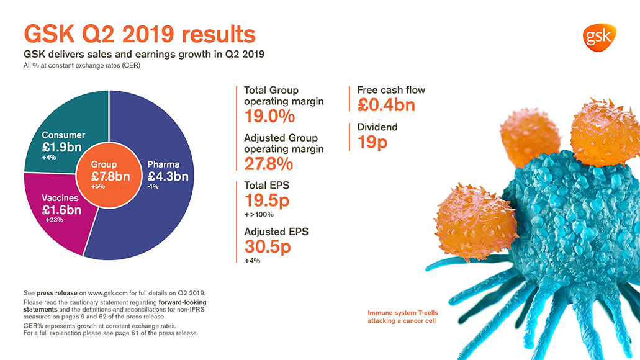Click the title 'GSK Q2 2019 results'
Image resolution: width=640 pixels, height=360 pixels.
click(139, 34)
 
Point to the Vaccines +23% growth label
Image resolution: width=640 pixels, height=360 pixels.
click(55, 220)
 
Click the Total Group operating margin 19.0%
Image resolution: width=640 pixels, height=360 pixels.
click(269, 116)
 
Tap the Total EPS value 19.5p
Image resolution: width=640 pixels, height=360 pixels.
click(266, 200)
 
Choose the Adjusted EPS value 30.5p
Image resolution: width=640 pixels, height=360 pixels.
click(267, 246)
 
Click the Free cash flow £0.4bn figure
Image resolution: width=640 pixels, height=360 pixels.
click(385, 105)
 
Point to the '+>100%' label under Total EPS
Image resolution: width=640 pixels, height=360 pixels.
click(258, 214)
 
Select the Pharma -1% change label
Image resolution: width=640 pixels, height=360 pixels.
click(153, 186)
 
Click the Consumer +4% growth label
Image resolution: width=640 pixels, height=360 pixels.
click(49, 158)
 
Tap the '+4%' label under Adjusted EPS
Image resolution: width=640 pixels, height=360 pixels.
click(252, 261)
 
